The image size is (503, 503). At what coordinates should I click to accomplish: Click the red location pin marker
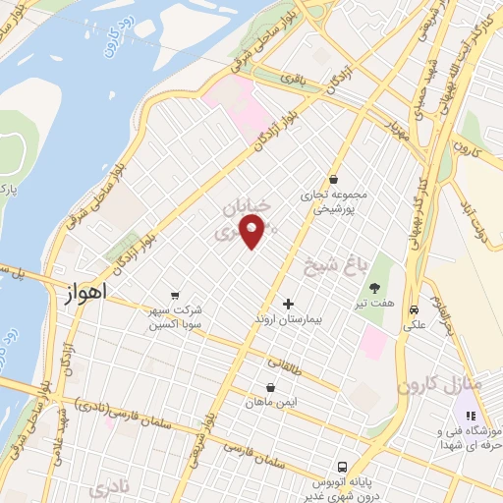pyautogui.click(x=252, y=232)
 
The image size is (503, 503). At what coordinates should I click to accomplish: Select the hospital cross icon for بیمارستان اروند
pyautogui.click(x=288, y=304)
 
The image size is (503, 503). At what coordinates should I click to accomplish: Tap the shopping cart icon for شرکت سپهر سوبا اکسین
pyautogui.click(x=175, y=295)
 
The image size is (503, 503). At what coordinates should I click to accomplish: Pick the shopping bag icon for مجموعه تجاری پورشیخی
pyautogui.click(x=336, y=180)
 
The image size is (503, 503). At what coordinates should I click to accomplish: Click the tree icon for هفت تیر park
pyautogui.click(x=374, y=288)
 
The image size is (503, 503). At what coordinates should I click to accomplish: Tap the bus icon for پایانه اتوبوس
pyautogui.click(x=341, y=466)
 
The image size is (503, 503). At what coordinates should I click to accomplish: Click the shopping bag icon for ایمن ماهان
pyautogui.click(x=270, y=387)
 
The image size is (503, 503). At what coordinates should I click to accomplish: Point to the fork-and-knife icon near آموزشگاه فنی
pyautogui.click(x=469, y=416)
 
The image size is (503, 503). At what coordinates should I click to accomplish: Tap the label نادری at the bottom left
pyautogui.click(x=108, y=487)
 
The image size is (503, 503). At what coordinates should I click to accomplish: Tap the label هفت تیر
pyautogui.click(x=375, y=305)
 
